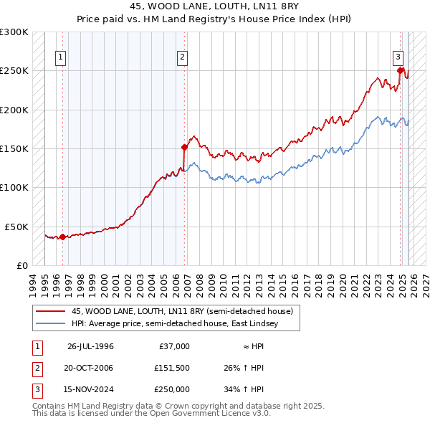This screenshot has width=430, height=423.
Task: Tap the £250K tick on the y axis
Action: [x=14, y=71]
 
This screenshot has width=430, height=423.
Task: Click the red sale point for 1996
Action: [x=62, y=237]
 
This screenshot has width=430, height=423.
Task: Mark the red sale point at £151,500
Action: [x=184, y=148]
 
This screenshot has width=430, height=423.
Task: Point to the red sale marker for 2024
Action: [x=401, y=71]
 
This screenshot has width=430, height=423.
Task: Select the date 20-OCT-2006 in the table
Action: [x=90, y=368]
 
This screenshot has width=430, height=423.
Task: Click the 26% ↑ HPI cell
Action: [x=244, y=368]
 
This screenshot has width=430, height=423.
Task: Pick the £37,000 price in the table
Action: [x=173, y=346]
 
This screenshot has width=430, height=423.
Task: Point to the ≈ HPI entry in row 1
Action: [x=250, y=346]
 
